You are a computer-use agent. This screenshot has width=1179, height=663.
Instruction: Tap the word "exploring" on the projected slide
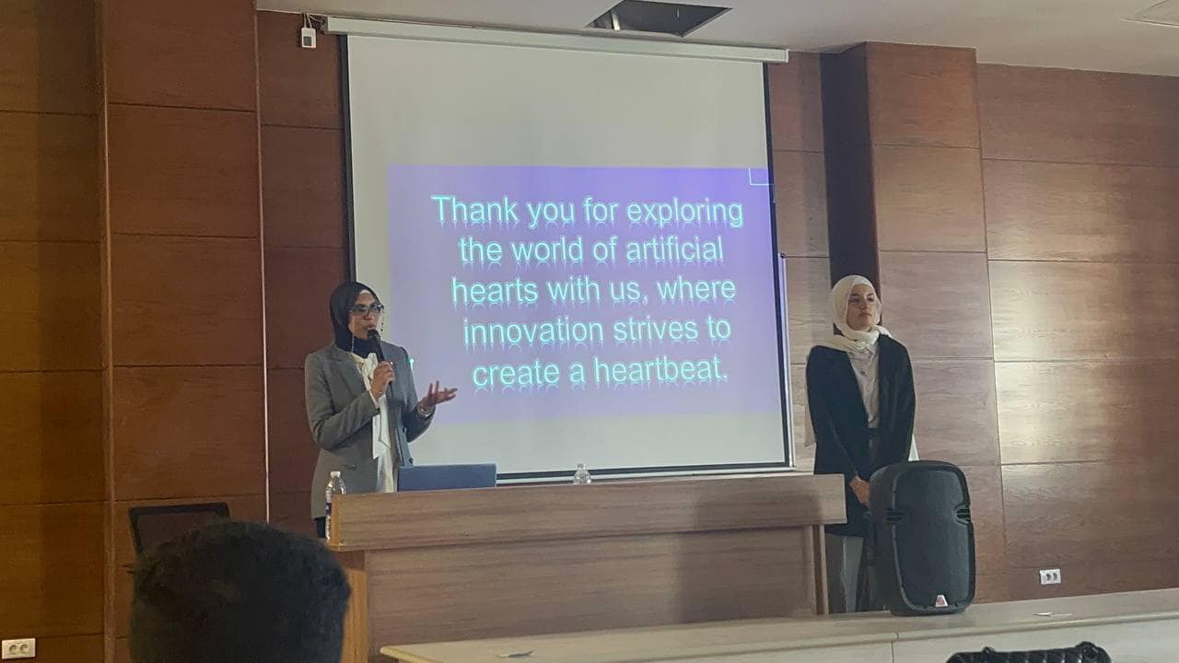coord(684,213)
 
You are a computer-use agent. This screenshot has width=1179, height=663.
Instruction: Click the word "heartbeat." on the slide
coord(661,370)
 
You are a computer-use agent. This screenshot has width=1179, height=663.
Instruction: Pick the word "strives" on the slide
coord(656,330)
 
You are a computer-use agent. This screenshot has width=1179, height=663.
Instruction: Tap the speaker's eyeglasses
coord(366,310)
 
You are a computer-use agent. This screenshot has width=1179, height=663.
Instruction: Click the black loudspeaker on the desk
coord(920,538)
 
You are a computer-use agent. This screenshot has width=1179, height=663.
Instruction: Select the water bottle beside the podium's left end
coord(333,504)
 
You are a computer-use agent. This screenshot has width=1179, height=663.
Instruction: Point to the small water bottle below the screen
coord(581,474)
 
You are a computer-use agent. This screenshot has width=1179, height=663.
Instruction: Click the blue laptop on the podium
coord(447,477)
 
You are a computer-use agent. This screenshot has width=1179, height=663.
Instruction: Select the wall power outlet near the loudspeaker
coord(1049,576)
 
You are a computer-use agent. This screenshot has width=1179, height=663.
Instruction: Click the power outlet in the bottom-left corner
coord(18,647)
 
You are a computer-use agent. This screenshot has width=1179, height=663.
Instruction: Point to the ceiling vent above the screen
coord(659,18)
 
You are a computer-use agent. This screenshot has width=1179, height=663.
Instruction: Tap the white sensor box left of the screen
coord(308,37)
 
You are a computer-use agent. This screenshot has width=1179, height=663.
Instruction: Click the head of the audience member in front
coord(239,592)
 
